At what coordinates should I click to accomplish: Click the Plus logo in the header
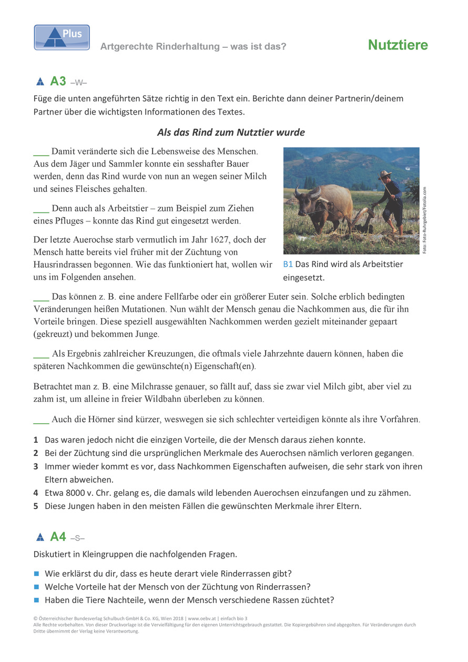62,37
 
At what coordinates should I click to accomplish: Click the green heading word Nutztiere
398,45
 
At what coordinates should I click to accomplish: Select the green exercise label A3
58,82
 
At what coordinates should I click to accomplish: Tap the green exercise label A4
58,537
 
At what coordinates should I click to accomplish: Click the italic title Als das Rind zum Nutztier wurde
231,132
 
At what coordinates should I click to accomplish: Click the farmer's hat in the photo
385,174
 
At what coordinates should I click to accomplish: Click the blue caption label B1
288,264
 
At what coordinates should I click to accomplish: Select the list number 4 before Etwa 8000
36,493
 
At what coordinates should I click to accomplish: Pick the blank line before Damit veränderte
41,152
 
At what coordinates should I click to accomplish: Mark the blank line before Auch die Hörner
41,420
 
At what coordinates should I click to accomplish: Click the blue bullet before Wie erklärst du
37,573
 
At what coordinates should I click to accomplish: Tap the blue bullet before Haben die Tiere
37,600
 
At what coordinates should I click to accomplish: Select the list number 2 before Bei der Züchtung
36,453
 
